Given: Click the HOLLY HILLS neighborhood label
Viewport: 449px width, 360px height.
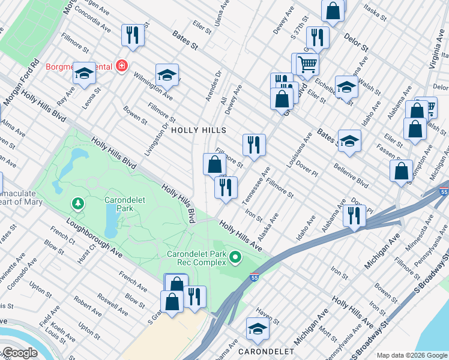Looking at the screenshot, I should coord(198,130).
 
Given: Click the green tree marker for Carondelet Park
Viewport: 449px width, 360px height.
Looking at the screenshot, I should coord(77,205).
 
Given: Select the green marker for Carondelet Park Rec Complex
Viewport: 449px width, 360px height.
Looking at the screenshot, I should coord(235,258).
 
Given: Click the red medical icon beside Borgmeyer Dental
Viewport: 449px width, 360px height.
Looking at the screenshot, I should coord(122,65).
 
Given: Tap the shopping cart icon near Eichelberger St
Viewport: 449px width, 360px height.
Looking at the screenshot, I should coord(307,63).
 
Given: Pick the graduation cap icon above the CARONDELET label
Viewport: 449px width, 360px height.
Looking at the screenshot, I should coord(258,328).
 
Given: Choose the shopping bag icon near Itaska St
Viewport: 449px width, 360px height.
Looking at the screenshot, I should coord(333,10).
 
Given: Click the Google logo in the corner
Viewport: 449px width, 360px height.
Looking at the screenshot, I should coord(19,353).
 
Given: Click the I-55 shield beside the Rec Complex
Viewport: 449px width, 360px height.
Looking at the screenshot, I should coord(255,277).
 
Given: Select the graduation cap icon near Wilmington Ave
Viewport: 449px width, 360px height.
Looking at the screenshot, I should coord(167,74).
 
